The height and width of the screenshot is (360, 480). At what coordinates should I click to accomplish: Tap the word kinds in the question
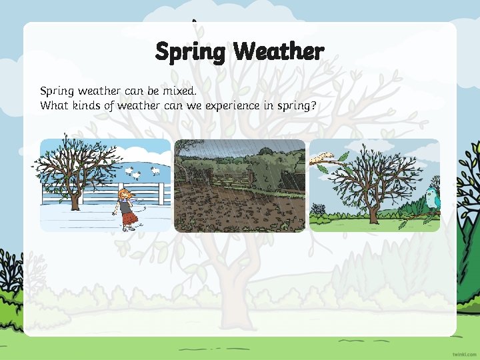[x=82, y=105]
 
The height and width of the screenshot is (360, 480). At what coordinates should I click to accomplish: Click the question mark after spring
[x=313, y=105]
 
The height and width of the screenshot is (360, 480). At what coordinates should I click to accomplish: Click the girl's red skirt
[x=129, y=217]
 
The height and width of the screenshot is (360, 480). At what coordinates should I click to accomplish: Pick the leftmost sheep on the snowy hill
[x=129, y=171]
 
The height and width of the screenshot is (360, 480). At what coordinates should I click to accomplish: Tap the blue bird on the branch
[x=431, y=199]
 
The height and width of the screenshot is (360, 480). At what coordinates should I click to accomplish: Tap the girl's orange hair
[x=123, y=194]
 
